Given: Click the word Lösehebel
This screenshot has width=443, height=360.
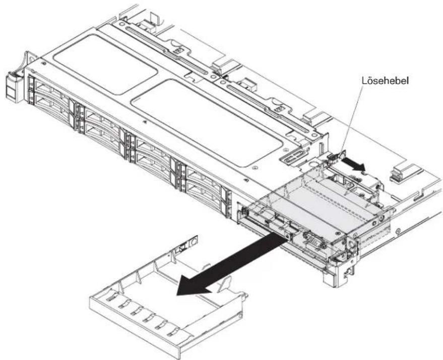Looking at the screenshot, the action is click(x=386, y=81).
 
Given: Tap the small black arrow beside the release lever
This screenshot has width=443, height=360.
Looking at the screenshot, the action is click(x=353, y=164).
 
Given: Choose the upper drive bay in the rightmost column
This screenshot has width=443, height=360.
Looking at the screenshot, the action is click(x=204, y=178).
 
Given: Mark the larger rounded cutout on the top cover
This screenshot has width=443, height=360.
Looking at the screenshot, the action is click(x=207, y=122).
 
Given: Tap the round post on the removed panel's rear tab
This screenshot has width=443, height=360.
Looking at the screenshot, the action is click(x=194, y=242).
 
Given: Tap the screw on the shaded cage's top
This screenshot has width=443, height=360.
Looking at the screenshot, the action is click(x=337, y=233).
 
